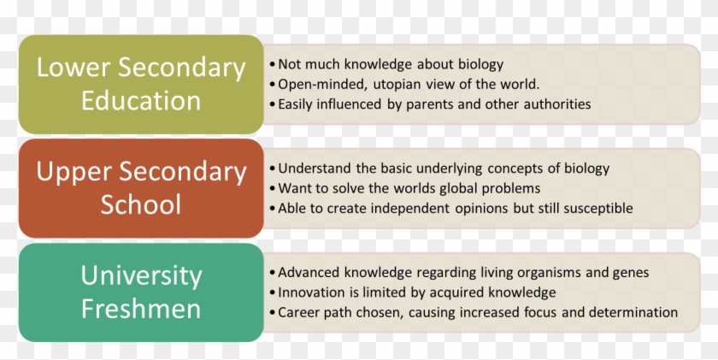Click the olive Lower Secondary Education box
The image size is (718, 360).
141,84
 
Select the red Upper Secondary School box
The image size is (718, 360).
141,188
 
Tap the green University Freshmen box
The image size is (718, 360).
141,292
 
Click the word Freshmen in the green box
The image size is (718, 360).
141,308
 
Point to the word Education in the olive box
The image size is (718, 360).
141,100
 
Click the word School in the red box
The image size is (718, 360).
141,204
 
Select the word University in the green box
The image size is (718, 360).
141,276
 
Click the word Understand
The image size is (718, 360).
316,168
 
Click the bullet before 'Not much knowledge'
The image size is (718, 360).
272,65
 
